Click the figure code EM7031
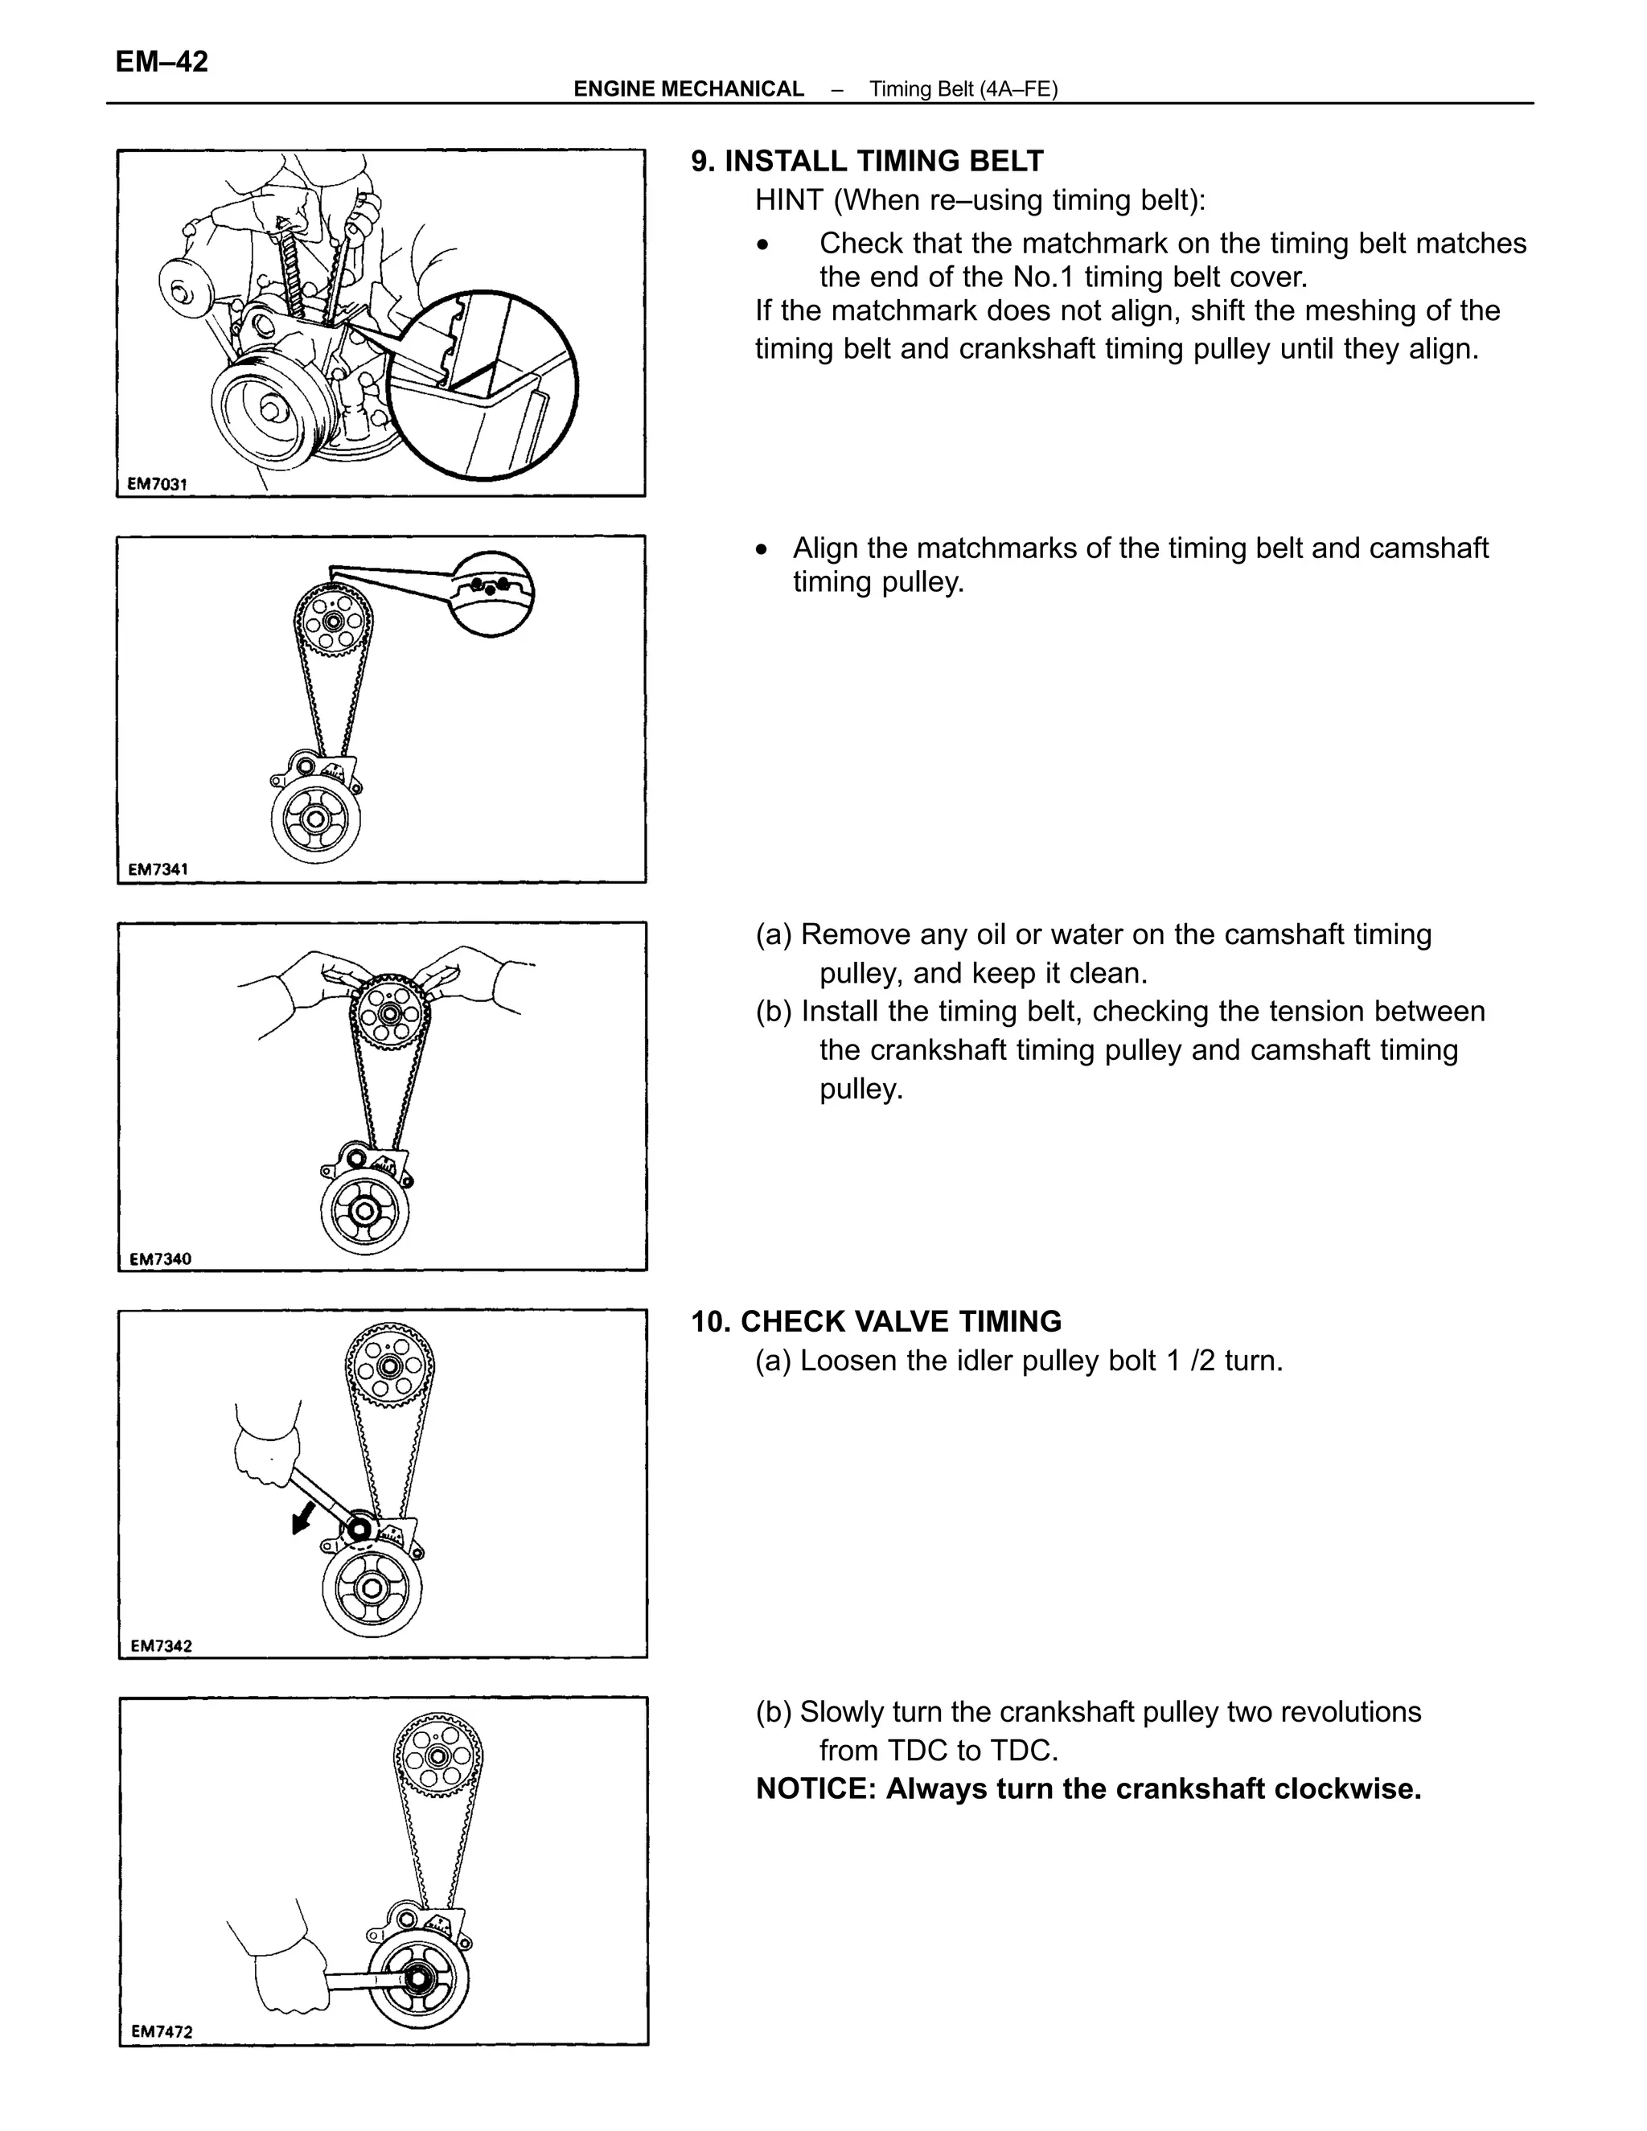pyautogui.click(x=157, y=483)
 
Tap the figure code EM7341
pyautogui.click(x=158, y=869)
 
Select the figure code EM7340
pyautogui.click(x=160, y=1258)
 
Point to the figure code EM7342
pyautogui.click(x=160, y=1645)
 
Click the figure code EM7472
pyautogui.click(x=161, y=2030)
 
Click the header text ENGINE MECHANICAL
pyautogui.click(x=688, y=88)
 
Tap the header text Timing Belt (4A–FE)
pyautogui.click(x=963, y=88)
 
